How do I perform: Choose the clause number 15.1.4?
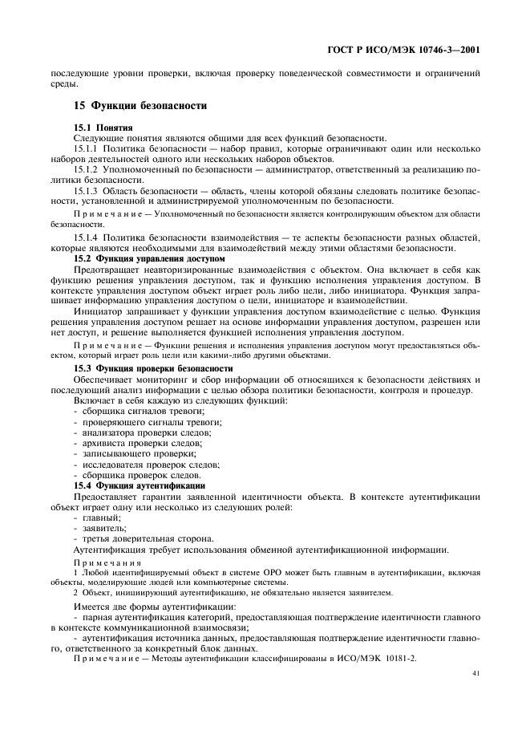[86, 239]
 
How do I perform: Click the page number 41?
[475, 674]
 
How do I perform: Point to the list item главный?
[99, 518]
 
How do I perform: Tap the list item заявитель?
[102, 528]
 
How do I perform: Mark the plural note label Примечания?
[101, 564]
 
